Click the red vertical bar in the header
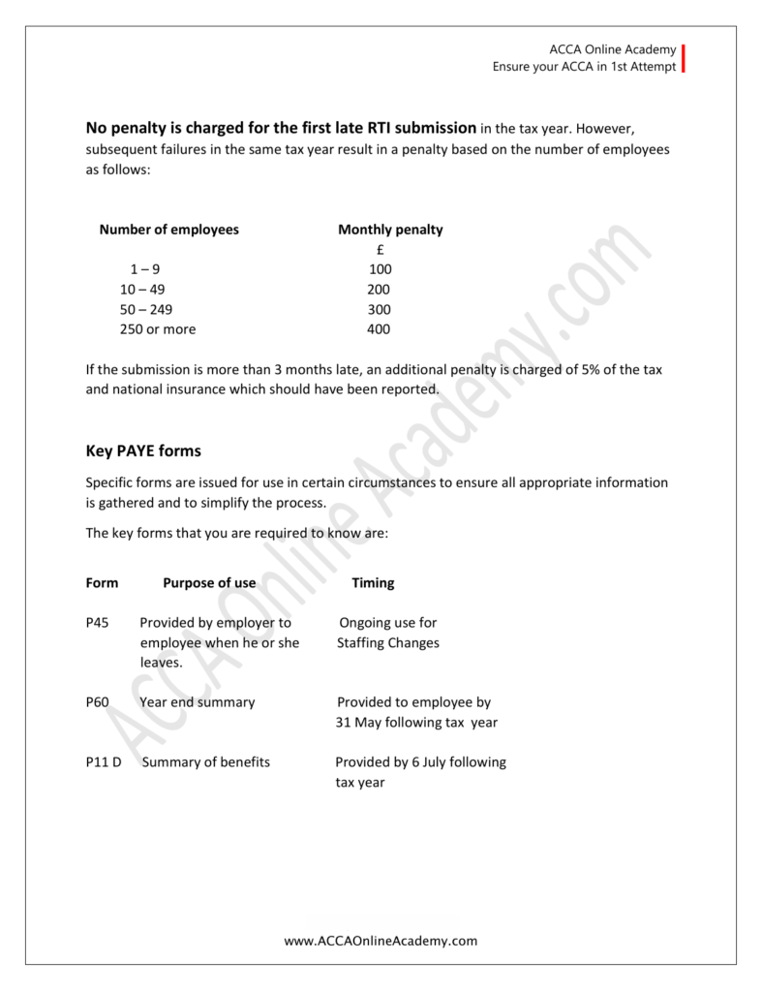point(684,58)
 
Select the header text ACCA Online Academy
point(611,49)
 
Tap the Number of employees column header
point(168,230)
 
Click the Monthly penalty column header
point(390,230)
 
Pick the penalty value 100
point(381,269)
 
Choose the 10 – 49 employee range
point(143,290)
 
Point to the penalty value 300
point(380,309)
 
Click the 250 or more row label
point(158,329)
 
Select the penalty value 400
point(380,329)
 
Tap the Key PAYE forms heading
point(143,450)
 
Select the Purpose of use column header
point(209,583)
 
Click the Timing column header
point(373,583)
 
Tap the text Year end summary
point(198,702)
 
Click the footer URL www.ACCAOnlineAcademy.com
point(381,941)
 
